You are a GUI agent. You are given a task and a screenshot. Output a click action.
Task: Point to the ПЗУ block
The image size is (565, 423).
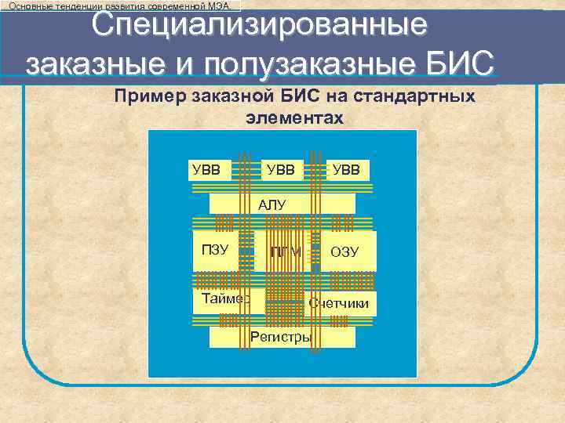click(215, 251)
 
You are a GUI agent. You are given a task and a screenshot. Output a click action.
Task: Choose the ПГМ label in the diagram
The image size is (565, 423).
click(286, 251)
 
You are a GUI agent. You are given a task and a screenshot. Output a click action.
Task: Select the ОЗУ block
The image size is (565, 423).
click(344, 251)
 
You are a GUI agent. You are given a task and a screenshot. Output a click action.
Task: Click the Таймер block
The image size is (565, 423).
click(224, 298)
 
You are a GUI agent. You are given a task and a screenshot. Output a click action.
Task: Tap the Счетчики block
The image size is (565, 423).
click(339, 303)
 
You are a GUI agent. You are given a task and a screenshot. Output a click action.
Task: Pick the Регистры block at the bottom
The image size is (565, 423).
click(280, 338)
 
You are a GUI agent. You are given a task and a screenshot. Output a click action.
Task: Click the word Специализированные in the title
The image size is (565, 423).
click(260, 25)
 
